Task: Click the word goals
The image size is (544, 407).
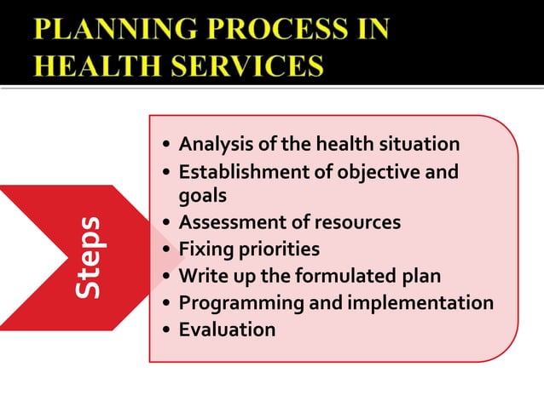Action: coord(202,195)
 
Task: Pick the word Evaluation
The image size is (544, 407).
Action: coord(227,330)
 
